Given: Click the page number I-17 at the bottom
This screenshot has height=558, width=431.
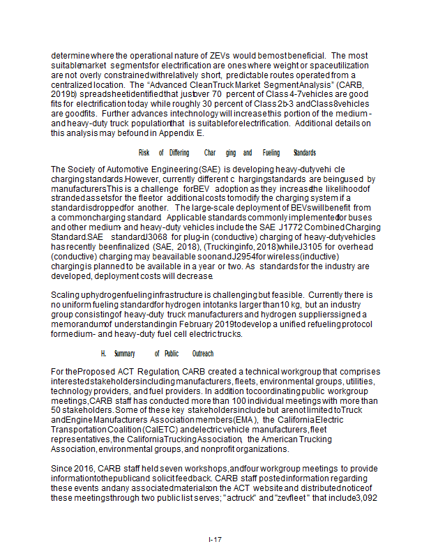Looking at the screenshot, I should pos(215,540).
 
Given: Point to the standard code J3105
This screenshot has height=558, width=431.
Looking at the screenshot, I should pos(298,247).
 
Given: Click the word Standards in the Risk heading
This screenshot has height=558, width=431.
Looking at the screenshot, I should pos(304,152).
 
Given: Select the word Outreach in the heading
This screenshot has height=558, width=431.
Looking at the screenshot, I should pos(203,354).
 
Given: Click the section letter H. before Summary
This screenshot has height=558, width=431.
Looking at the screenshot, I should pos(103,354).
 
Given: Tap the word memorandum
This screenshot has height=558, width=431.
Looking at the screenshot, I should pos(75,324).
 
